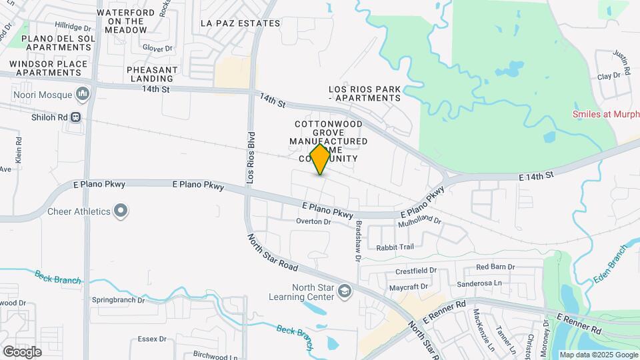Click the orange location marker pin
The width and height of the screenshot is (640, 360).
point(321,159)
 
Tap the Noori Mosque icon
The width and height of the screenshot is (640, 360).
point(83,95)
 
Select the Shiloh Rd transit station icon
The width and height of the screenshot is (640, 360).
point(76,117)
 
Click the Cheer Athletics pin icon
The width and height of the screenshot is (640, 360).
point(121,211)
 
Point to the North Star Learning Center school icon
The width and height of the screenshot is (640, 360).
point(344,291)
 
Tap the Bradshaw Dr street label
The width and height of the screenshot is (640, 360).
point(358,239)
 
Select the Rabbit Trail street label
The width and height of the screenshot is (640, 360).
point(395,247)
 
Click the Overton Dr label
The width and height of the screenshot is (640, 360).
point(313,221)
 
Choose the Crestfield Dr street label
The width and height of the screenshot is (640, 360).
point(415,271)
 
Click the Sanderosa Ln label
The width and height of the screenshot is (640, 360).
point(479,283)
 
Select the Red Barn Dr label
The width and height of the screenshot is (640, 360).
point(495,267)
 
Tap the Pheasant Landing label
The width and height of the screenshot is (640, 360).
point(153,74)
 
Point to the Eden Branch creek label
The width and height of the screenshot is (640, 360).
point(610,264)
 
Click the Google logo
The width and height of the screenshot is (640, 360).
point(22,351)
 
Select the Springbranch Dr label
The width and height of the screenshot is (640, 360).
point(118,300)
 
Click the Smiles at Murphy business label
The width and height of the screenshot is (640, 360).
point(605,114)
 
